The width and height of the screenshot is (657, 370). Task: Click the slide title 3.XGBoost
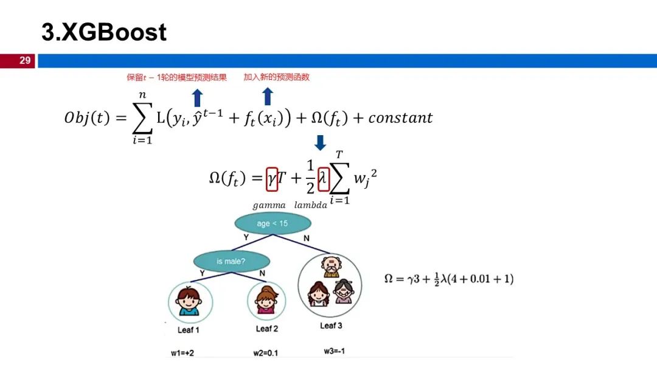coord(104,32)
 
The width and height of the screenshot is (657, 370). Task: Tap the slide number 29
coord(25,60)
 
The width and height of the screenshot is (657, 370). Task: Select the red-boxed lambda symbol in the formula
coord(324,179)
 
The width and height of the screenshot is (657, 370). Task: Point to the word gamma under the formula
coord(269,205)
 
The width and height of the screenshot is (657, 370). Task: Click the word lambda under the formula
coord(310,205)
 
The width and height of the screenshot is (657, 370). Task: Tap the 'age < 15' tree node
coord(273,223)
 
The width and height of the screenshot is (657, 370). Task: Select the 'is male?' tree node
coord(231,262)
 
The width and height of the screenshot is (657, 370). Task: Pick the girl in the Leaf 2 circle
coord(266,300)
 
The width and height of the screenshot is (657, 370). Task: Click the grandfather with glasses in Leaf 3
coord(331,267)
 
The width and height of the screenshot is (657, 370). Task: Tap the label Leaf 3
coord(331,326)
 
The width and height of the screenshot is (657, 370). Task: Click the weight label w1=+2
coord(182,353)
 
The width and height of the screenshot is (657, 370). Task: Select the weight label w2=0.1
coord(266,353)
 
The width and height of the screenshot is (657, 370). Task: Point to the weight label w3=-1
coord(335,351)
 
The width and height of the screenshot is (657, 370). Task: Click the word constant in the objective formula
coord(400,117)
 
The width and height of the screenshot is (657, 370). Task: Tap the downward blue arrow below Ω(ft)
coord(320,142)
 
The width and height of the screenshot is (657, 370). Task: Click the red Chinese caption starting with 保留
coord(177,77)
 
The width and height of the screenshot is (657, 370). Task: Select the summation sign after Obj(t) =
coord(142,117)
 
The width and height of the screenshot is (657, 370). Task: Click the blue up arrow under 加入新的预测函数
coord(268,96)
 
